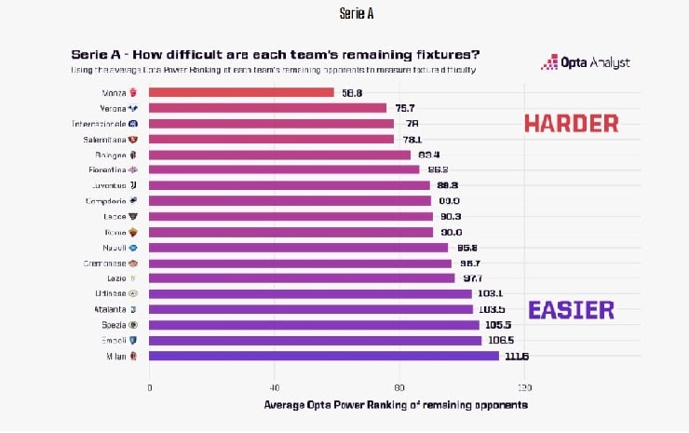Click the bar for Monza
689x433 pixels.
[240, 92]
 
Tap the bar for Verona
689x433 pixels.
[267, 108]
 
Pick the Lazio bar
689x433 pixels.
[302, 277]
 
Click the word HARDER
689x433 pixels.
[571, 123]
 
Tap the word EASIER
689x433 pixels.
[571, 310]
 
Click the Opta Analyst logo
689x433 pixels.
[586, 62]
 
